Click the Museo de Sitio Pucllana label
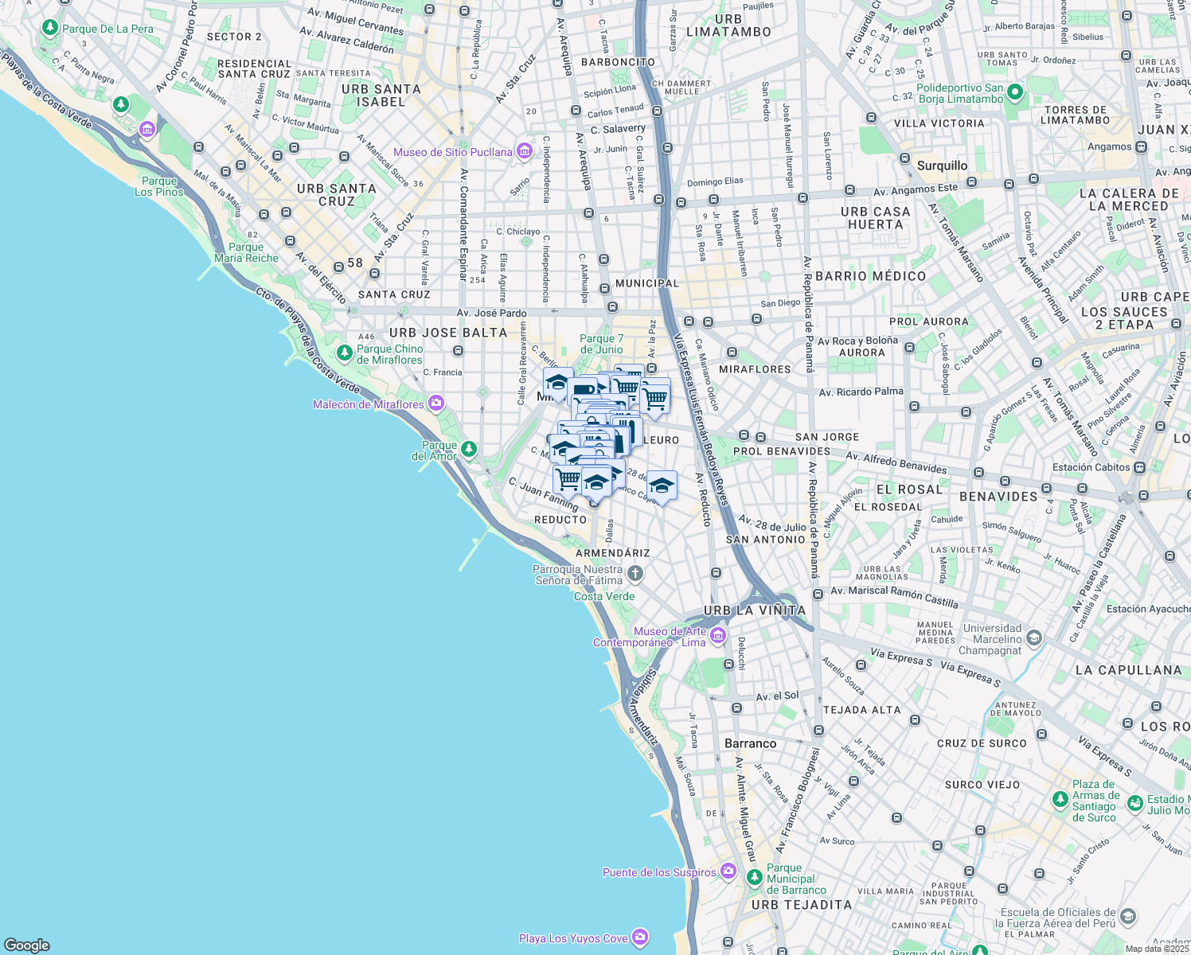tap(452, 152)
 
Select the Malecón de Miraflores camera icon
tap(435, 403)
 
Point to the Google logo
tap(27, 945)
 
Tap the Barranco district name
tap(750, 743)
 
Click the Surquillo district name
tap(942, 166)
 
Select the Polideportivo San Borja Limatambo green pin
tap(1014, 92)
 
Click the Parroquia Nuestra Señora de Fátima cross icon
tap(635, 573)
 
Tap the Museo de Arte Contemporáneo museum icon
tap(717, 635)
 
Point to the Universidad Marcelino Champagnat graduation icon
tap(1033, 637)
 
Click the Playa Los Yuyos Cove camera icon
tap(640, 937)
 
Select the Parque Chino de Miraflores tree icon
tap(344, 353)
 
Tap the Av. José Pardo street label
tap(491, 313)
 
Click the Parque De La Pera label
tap(107, 29)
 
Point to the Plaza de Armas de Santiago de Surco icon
tap(1060, 799)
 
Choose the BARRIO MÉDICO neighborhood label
tap(870, 276)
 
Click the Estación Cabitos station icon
tap(1140, 467)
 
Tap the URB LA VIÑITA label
tap(754, 610)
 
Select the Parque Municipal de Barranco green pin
tap(754, 877)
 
